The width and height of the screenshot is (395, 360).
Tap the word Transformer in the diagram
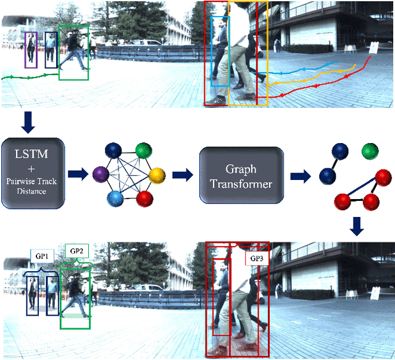pyautogui.click(x=240, y=184)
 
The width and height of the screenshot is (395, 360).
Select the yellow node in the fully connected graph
pyautogui.click(x=157, y=174)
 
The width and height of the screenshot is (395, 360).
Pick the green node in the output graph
pyautogui.click(x=370, y=150)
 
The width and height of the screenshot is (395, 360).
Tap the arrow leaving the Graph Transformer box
pyautogui.click(x=299, y=174)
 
